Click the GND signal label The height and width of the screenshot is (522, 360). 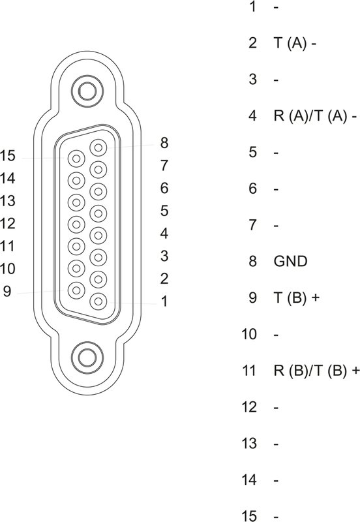[290, 261]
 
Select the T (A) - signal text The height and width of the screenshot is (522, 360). [295, 43]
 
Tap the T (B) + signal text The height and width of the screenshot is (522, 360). [297, 298]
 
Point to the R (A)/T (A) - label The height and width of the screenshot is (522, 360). [315, 116]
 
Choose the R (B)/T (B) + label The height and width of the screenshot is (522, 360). [317, 371]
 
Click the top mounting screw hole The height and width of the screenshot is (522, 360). [87, 91]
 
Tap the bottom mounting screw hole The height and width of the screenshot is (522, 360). [87, 358]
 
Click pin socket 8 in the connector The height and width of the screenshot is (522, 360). [98, 147]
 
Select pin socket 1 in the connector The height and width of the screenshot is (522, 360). [98, 301]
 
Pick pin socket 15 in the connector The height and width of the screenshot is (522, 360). [76, 159]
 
